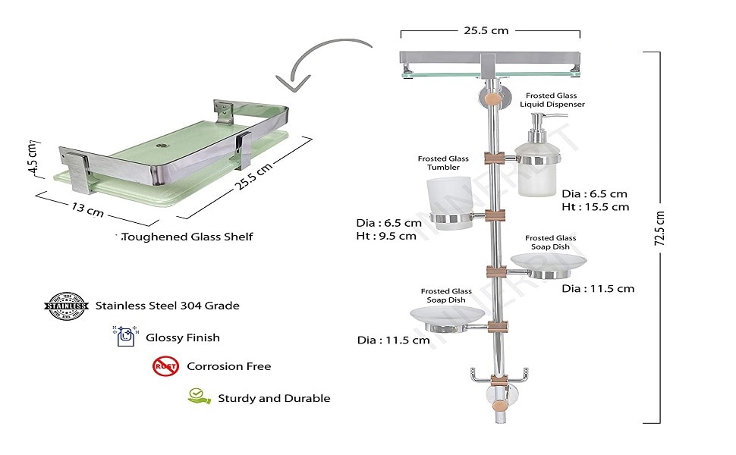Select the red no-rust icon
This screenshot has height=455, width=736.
tap(165, 366)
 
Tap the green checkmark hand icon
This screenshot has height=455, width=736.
tap(199, 397)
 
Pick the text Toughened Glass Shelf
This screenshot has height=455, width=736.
tap(187, 237)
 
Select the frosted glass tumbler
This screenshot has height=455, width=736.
tap(451, 202)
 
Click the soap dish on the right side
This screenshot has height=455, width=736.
tap(548, 261)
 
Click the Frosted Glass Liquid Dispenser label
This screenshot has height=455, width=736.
tap(552, 100)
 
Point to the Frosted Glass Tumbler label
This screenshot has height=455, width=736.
tap(443, 163)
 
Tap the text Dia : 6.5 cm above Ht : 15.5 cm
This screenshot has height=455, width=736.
tap(594, 193)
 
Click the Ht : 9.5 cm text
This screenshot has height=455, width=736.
tap(386, 236)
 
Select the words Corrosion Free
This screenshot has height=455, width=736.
tap(228, 366)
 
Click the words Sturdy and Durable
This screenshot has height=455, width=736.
tap(274, 398)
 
